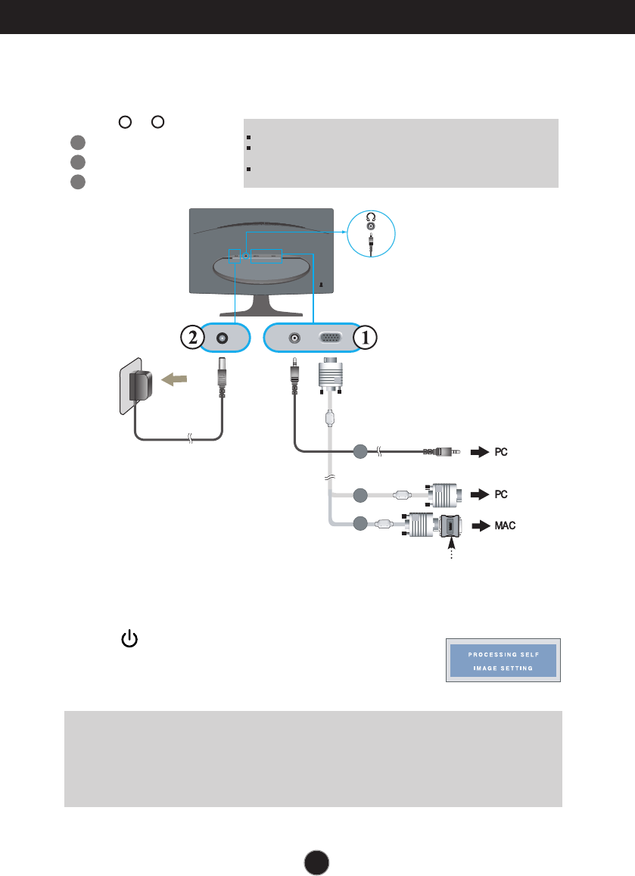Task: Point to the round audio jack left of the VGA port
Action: [x=294, y=340]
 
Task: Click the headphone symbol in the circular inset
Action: [x=371, y=216]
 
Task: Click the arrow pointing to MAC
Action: [x=478, y=525]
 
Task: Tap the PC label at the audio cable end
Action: [x=501, y=452]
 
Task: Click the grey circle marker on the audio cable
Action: [x=360, y=452]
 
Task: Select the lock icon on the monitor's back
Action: [x=321, y=285]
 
